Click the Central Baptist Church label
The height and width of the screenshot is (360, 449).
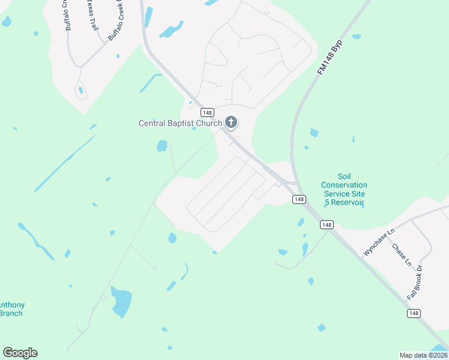(180, 124)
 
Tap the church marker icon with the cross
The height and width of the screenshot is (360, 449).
(231, 123)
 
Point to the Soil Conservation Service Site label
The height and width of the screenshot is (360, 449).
(344, 190)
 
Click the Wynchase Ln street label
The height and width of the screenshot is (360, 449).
(380, 243)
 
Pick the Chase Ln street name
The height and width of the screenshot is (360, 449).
(402, 254)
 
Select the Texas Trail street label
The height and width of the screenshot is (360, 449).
(93, 16)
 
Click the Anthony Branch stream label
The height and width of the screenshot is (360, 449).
(11, 309)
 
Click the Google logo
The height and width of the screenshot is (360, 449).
(20, 353)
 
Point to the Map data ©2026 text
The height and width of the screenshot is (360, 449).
(423, 355)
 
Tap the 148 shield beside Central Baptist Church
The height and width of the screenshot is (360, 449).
(207, 113)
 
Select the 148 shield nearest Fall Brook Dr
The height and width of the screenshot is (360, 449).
(414, 313)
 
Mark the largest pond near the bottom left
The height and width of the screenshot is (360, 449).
(121, 302)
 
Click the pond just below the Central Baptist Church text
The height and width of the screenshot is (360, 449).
(162, 146)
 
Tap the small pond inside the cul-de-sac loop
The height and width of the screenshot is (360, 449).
(80, 91)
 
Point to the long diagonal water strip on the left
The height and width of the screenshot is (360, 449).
(65, 163)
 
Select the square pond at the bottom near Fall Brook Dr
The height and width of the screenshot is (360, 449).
(321, 328)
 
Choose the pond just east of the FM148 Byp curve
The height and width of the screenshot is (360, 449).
(313, 133)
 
